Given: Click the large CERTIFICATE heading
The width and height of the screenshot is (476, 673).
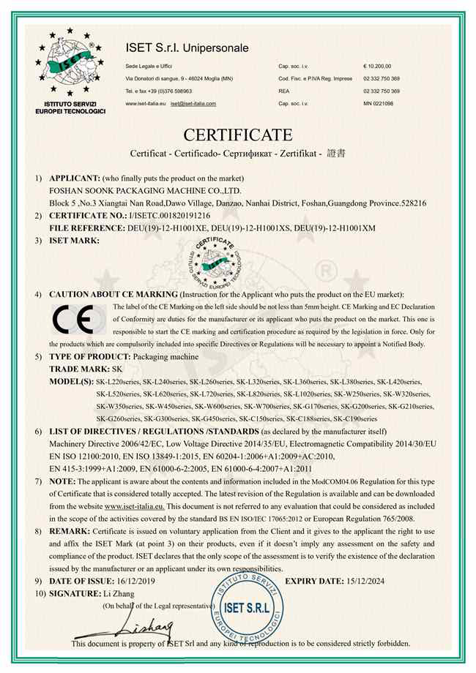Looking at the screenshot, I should [x=238, y=135].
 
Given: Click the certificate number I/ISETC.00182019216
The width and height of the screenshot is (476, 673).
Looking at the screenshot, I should [x=169, y=217].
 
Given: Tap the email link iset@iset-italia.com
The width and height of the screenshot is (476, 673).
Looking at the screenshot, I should [x=193, y=104].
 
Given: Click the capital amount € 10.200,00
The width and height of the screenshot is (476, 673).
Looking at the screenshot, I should [x=378, y=66].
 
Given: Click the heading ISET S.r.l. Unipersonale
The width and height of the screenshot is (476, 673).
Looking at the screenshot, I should [x=187, y=48].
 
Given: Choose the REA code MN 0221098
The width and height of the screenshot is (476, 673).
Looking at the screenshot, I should [x=379, y=104].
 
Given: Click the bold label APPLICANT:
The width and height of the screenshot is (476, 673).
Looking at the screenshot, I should [x=74, y=178].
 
